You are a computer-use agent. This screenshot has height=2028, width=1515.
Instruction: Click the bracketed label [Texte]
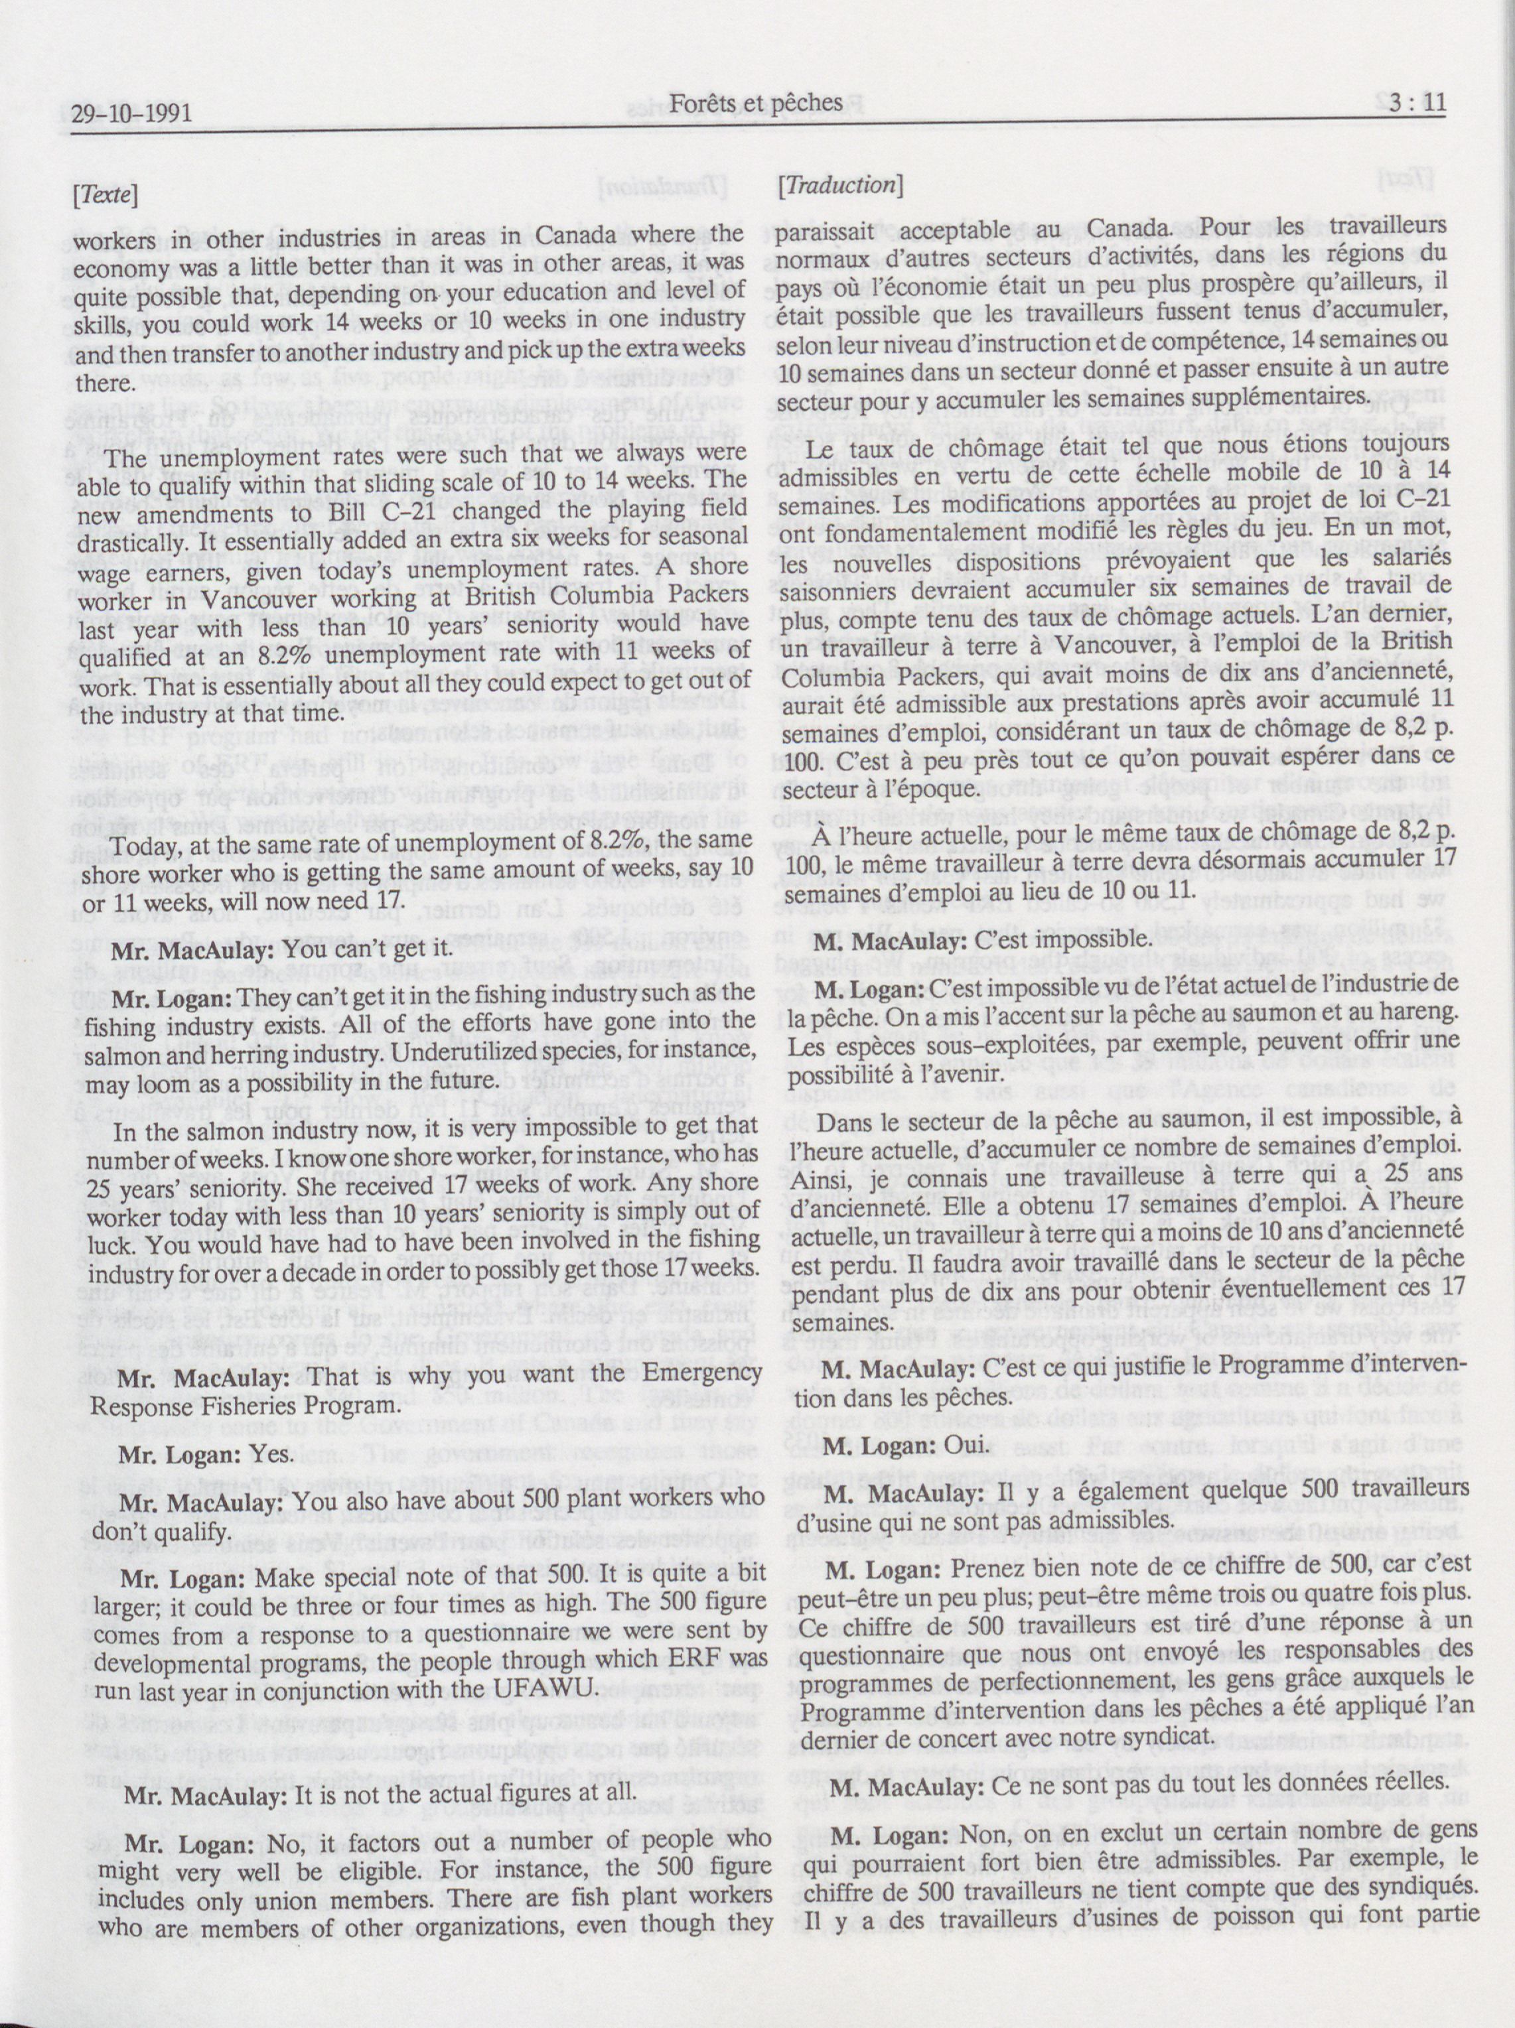(x=105, y=194)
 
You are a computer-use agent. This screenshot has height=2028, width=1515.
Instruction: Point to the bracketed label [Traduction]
(x=839, y=185)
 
